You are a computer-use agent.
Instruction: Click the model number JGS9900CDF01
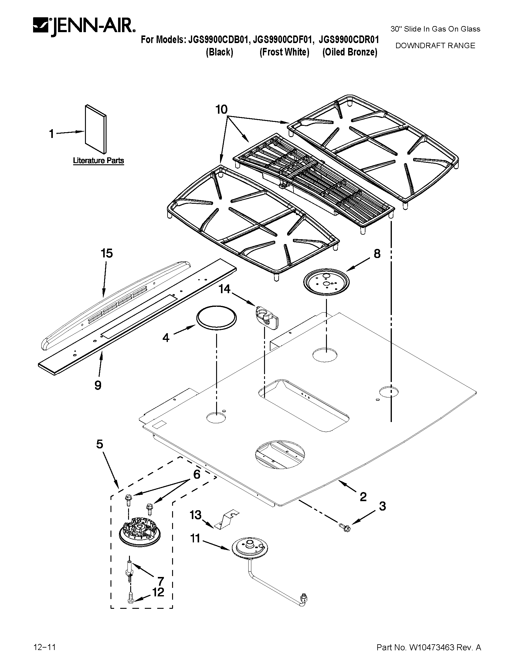coord(283,40)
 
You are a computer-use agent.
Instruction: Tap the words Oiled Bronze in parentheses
coord(350,52)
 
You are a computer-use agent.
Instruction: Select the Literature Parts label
coord(98,161)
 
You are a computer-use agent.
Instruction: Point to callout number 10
coord(222,109)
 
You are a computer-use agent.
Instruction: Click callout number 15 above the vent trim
coord(107,253)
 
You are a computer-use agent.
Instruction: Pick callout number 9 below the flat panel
coord(98,385)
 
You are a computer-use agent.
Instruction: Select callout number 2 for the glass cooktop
coord(363,497)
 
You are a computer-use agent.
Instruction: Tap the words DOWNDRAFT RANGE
coord(435,46)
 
